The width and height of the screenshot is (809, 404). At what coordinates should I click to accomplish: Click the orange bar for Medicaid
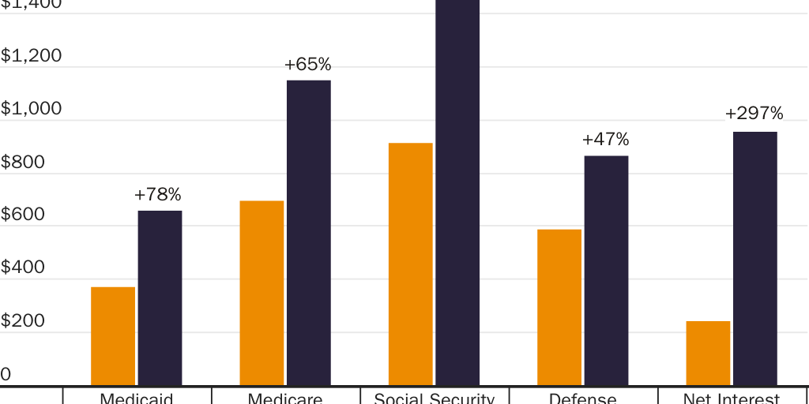click(x=113, y=336)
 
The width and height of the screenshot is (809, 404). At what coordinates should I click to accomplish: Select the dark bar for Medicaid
click(x=160, y=298)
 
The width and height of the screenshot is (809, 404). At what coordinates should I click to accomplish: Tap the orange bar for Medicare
click(x=262, y=293)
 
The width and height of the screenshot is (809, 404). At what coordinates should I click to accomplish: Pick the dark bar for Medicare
click(x=309, y=233)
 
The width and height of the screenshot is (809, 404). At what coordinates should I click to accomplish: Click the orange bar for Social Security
click(x=411, y=264)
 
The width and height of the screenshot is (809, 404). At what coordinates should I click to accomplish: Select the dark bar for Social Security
click(x=457, y=193)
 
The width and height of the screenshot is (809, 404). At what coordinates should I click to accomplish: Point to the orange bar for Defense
click(x=559, y=307)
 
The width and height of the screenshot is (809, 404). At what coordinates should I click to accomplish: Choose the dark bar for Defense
click(x=606, y=271)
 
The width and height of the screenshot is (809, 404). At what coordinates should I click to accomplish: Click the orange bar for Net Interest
click(x=708, y=353)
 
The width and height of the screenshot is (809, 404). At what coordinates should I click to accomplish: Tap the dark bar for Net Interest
click(x=755, y=259)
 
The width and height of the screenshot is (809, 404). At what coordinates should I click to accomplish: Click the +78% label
click(x=158, y=194)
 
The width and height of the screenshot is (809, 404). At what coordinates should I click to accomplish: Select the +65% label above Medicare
click(x=307, y=65)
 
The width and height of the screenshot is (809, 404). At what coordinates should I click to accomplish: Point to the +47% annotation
click(x=605, y=140)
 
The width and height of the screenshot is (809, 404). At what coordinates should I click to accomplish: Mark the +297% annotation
click(x=754, y=114)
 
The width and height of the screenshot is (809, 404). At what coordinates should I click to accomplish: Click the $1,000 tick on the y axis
click(x=31, y=109)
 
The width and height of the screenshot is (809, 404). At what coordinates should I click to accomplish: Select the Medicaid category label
click(x=137, y=398)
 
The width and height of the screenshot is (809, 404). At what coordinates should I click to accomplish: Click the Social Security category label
click(x=434, y=398)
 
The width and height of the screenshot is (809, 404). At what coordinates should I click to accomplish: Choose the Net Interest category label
click(x=732, y=398)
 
